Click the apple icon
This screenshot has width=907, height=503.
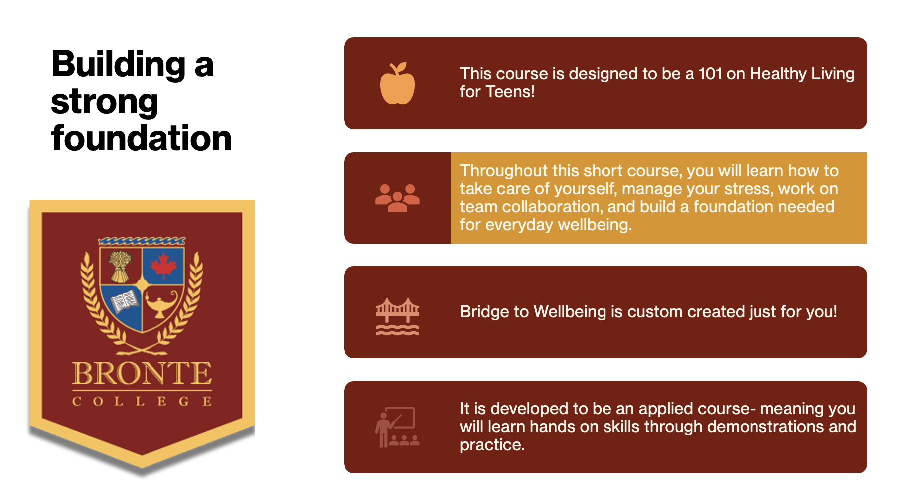coord(397,83)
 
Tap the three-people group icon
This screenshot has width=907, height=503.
coord(397,198)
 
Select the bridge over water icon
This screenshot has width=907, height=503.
coord(397,316)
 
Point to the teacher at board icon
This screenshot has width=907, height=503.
coord(397,427)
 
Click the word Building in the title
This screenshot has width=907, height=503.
coord(119,65)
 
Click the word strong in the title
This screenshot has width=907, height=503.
coord(105,103)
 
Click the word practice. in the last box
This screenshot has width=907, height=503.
coord(492,445)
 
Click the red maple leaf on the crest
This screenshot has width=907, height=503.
coord(164,265)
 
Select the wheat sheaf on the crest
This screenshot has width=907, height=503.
coord(120,266)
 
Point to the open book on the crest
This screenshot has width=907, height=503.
coord(124,301)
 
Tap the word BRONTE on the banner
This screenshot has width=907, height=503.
coord(142,374)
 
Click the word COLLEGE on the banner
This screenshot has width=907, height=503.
coord(142,401)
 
